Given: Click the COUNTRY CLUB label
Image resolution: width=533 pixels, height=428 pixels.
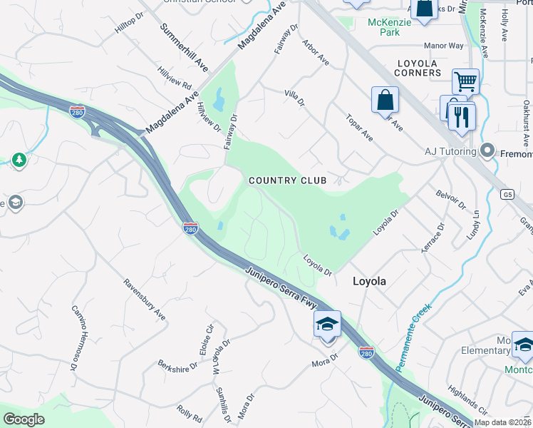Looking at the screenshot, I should (288, 180).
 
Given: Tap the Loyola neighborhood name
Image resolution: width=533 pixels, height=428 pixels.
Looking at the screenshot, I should (370, 282).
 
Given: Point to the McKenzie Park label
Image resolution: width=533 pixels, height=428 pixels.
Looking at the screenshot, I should (384, 27).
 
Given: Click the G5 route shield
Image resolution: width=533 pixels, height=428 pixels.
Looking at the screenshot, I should (507, 193).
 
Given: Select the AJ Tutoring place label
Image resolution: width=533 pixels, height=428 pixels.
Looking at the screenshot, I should (450, 151).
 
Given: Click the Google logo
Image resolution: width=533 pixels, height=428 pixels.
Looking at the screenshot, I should (24, 419).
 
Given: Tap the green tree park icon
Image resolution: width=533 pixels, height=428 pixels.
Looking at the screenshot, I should (19, 160).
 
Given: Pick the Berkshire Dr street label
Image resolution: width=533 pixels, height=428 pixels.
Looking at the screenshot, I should (177, 367).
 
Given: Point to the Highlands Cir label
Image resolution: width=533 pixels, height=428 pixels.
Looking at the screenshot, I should (469, 402).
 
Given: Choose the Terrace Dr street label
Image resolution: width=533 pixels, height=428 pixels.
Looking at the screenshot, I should (434, 233).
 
